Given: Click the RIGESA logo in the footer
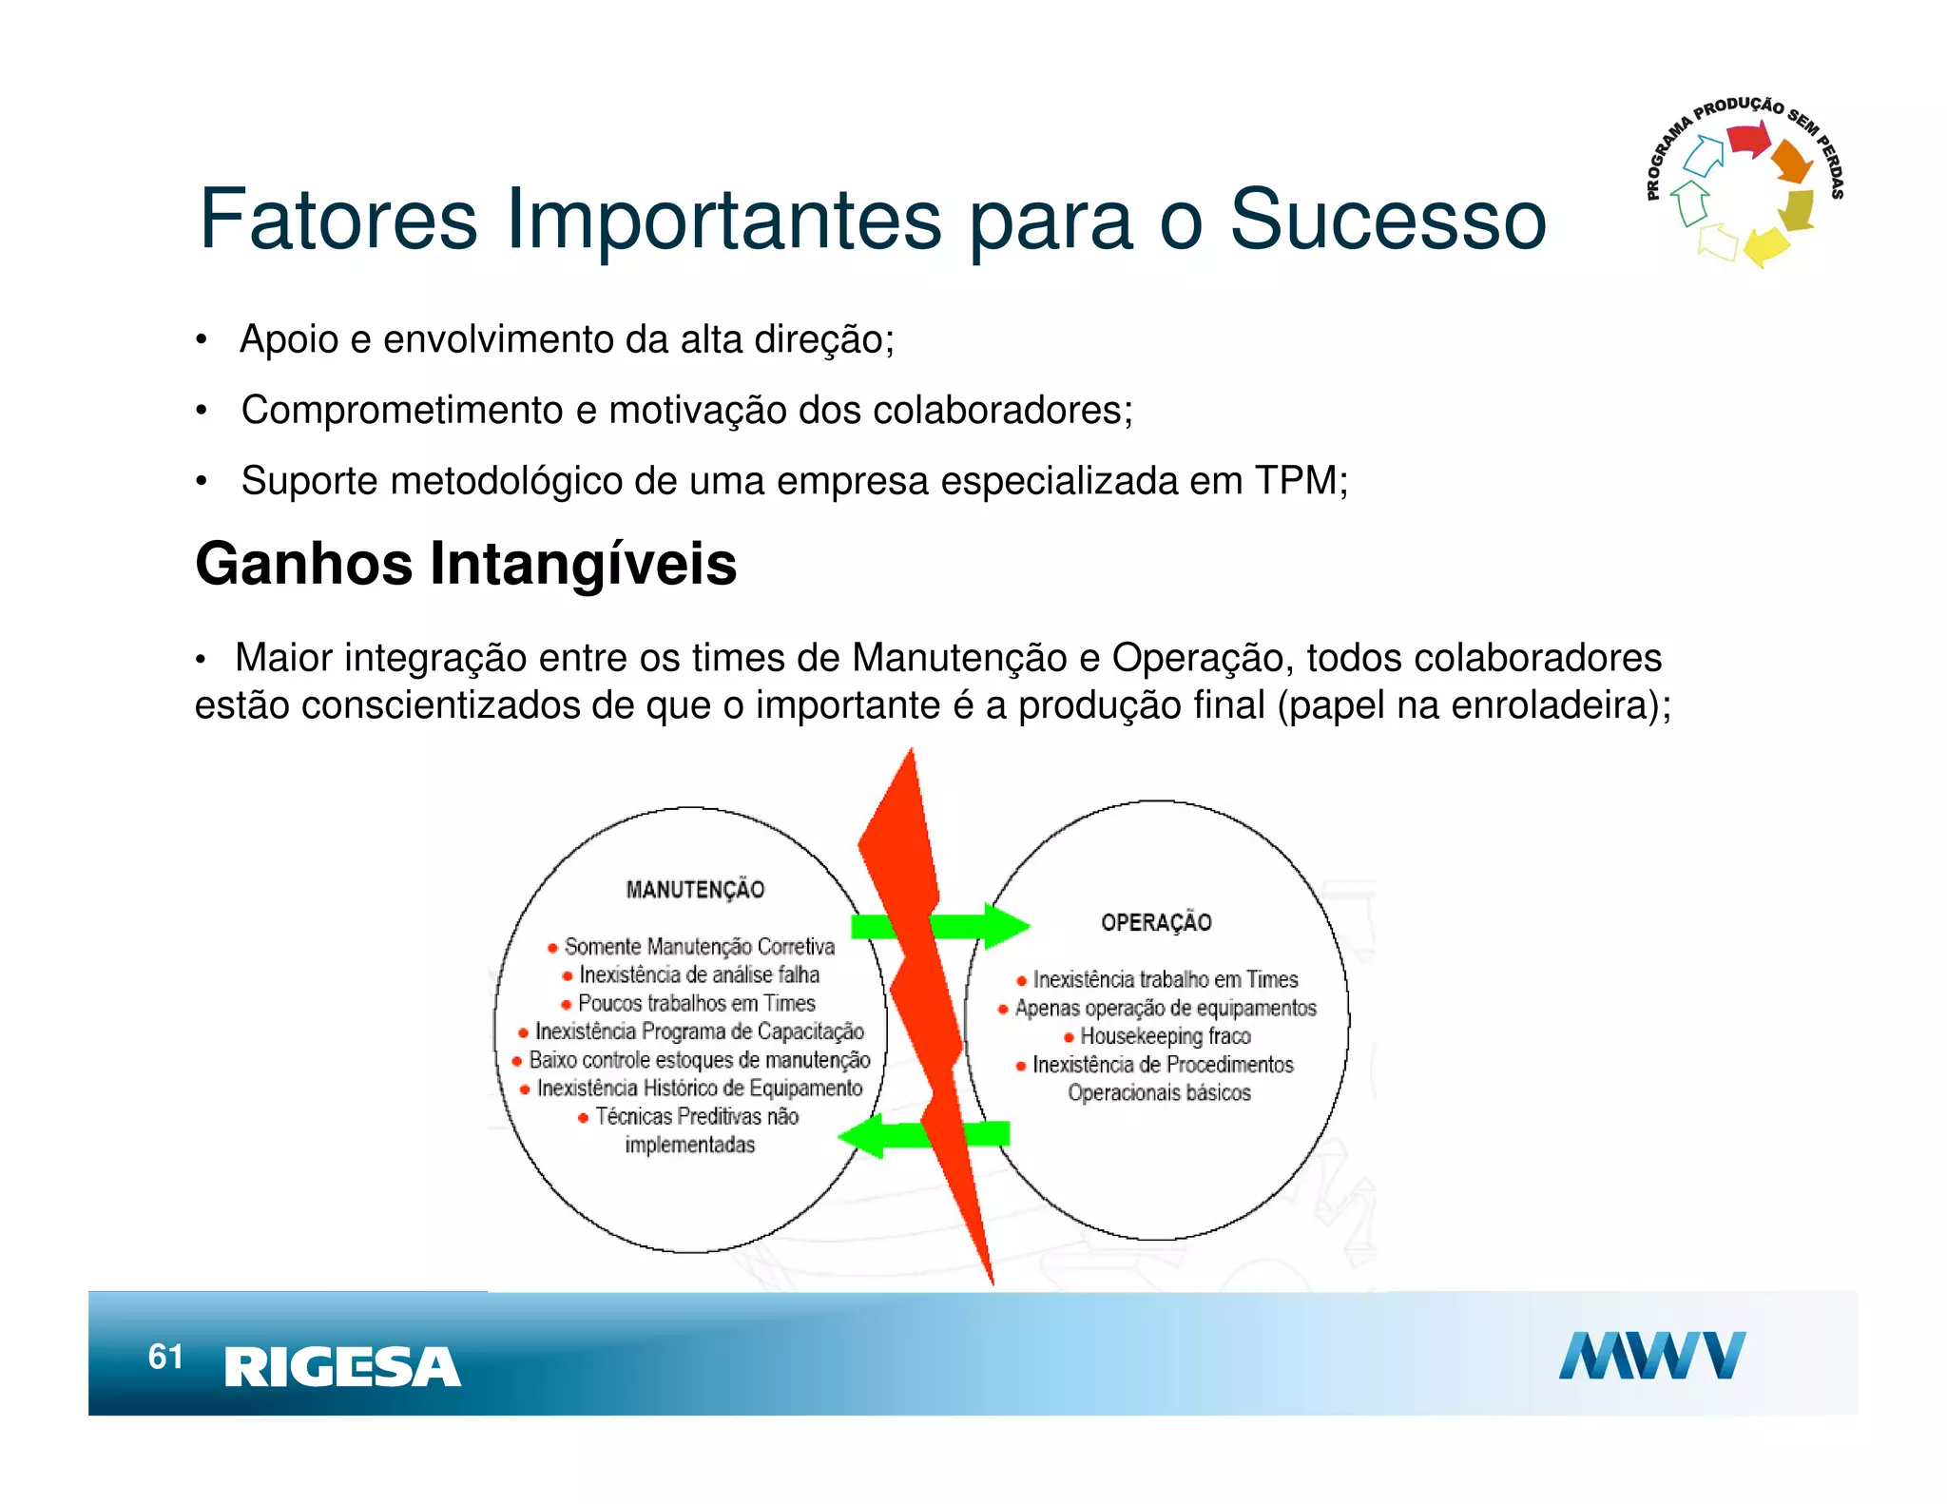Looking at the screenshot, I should [342, 1367].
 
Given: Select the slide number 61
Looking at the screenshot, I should [165, 1357].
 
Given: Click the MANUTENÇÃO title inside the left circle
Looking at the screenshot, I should [695, 890].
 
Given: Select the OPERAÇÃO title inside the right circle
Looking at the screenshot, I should [1156, 922].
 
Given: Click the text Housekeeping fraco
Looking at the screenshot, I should [1165, 1036].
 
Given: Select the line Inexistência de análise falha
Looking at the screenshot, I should [699, 975].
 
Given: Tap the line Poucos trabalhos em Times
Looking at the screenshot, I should [696, 1004].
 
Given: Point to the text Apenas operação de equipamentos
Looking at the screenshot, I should [1165, 1008].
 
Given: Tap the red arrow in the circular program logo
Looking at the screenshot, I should [1747, 141].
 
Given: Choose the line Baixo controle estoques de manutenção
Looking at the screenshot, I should [699, 1060].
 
